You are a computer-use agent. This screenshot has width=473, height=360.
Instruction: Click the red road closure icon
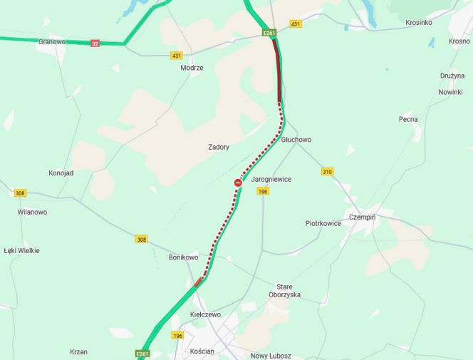(x=238, y=183)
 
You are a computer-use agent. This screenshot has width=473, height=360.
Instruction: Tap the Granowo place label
(x=52, y=42)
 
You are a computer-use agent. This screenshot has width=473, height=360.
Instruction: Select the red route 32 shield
(x=95, y=43)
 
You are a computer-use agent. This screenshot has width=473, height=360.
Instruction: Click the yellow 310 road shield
(x=327, y=172)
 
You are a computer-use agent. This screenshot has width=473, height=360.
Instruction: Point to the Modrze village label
(x=192, y=68)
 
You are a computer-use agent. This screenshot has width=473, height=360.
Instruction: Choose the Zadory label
(x=219, y=147)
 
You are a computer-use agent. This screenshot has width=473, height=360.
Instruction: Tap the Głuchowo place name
(x=296, y=140)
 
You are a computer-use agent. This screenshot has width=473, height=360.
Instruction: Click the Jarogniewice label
(x=271, y=180)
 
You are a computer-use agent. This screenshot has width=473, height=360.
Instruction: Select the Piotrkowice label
(x=323, y=223)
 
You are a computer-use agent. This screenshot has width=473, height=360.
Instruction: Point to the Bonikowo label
(x=183, y=257)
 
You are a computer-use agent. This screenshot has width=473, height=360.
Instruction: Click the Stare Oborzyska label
(x=284, y=290)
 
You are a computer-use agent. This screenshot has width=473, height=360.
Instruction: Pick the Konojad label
(x=61, y=173)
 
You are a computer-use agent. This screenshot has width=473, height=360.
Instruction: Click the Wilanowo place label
(x=32, y=212)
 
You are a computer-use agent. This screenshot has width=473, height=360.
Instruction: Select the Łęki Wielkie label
(x=21, y=250)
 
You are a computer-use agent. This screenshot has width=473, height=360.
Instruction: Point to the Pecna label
(x=408, y=119)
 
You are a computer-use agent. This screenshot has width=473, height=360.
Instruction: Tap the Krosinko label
(x=419, y=22)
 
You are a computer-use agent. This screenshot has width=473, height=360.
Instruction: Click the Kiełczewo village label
(x=205, y=314)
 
